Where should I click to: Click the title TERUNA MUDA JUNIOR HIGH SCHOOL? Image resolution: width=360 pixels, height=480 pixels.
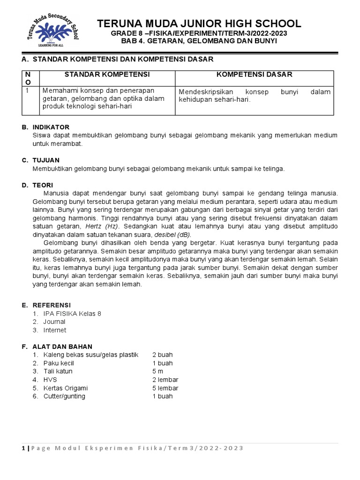click(199, 23)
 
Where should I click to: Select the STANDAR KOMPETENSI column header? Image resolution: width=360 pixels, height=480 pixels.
click(107, 75)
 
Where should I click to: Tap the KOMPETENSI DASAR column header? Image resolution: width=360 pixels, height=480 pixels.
click(254, 75)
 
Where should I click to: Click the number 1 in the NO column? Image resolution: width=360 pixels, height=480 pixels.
click(28, 90)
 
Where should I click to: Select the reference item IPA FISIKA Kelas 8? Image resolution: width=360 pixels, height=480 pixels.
click(72, 313)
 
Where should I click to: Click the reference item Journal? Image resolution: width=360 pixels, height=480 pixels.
click(54, 322)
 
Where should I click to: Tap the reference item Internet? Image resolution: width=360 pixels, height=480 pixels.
click(55, 330)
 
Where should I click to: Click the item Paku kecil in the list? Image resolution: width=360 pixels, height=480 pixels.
click(59, 363)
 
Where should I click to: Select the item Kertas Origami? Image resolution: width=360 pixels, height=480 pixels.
click(66, 388)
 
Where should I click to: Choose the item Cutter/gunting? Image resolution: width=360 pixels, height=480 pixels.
click(65, 396)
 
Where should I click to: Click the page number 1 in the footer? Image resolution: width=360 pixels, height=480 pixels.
click(23, 448)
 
